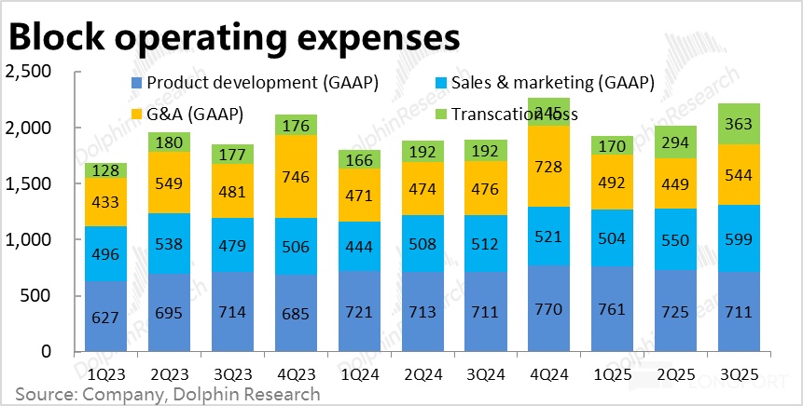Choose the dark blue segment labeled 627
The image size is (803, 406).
click(x=106, y=318)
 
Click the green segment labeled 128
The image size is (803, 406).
click(x=106, y=170)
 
